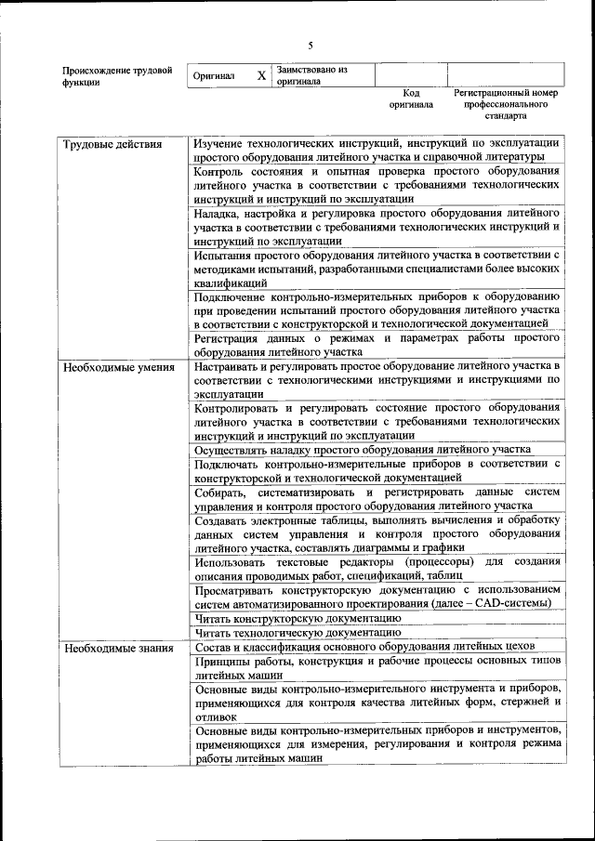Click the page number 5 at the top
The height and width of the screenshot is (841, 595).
coord(311,46)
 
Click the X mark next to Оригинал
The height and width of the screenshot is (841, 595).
coord(261,75)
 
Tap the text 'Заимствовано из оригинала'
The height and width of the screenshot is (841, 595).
coord(311,75)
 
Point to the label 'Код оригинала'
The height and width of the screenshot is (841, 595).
coord(411,99)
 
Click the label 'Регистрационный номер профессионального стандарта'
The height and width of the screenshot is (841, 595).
coord(506,105)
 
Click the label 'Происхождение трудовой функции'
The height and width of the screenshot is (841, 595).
coord(117,76)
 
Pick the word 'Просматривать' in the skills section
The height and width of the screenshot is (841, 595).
coord(239,589)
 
